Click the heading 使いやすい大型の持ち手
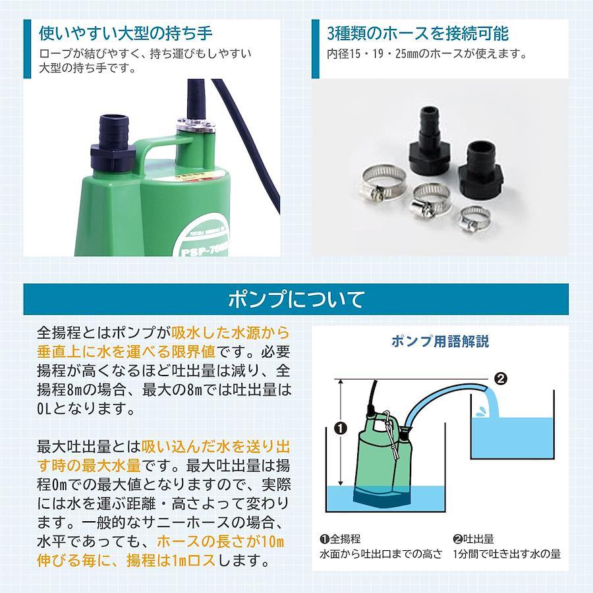pyautogui.click(x=126, y=34)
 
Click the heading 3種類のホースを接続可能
pyautogui.click(x=418, y=34)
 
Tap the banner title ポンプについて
pyautogui.click(x=296, y=299)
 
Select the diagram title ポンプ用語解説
pyautogui.click(x=440, y=341)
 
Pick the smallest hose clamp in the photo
pyautogui.click(x=474, y=219)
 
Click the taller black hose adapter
pyautogui.click(x=430, y=141)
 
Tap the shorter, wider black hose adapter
pyautogui.click(x=480, y=169)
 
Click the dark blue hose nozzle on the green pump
pyautogui.click(x=113, y=143)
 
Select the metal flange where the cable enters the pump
pyautogui.click(x=196, y=125)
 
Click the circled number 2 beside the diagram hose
pyautogui.click(x=501, y=379)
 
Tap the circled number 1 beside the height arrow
pyautogui.click(x=341, y=428)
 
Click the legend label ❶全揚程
pyautogui.click(x=340, y=538)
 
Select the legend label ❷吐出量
pyautogui.click(x=474, y=538)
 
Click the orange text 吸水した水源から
pyautogui.click(x=231, y=333)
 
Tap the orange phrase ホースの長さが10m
pyautogui.click(x=221, y=542)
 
